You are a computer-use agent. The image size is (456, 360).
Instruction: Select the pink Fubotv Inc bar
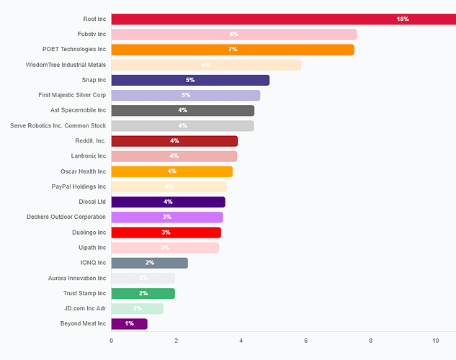(x=233, y=35)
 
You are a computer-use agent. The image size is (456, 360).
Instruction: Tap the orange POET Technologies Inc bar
(x=232, y=50)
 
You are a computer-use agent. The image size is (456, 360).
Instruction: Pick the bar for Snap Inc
(x=189, y=80)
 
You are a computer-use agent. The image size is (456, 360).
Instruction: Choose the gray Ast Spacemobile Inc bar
(x=182, y=110)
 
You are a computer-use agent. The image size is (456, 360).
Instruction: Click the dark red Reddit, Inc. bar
(x=174, y=141)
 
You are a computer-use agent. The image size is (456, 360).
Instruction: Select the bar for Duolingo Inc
(x=166, y=233)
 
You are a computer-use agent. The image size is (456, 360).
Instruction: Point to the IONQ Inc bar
(x=149, y=263)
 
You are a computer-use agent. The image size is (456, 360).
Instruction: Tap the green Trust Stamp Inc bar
(x=143, y=293)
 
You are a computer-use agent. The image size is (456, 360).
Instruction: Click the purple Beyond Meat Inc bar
(x=129, y=324)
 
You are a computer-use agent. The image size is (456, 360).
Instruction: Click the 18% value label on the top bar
(x=403, y=19)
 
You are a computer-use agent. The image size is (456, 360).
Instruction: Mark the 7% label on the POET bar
(x=233, y=50)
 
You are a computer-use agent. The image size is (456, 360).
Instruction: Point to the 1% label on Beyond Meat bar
(x=129, y=324)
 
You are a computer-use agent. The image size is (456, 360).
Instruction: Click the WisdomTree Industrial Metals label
(x=66, y=65)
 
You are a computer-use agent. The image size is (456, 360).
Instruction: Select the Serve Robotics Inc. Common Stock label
(x=58, y=126)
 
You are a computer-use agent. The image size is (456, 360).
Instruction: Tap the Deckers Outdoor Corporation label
(x=66, y=217)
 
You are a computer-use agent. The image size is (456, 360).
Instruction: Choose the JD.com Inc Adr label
(x=84, y=308)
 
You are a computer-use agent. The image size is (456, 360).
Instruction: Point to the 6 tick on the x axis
(x=306, y=340)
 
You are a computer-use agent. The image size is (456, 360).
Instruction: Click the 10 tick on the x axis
(x=435, y=340)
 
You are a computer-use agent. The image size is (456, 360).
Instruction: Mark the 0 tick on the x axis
(x=111, y=340)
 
